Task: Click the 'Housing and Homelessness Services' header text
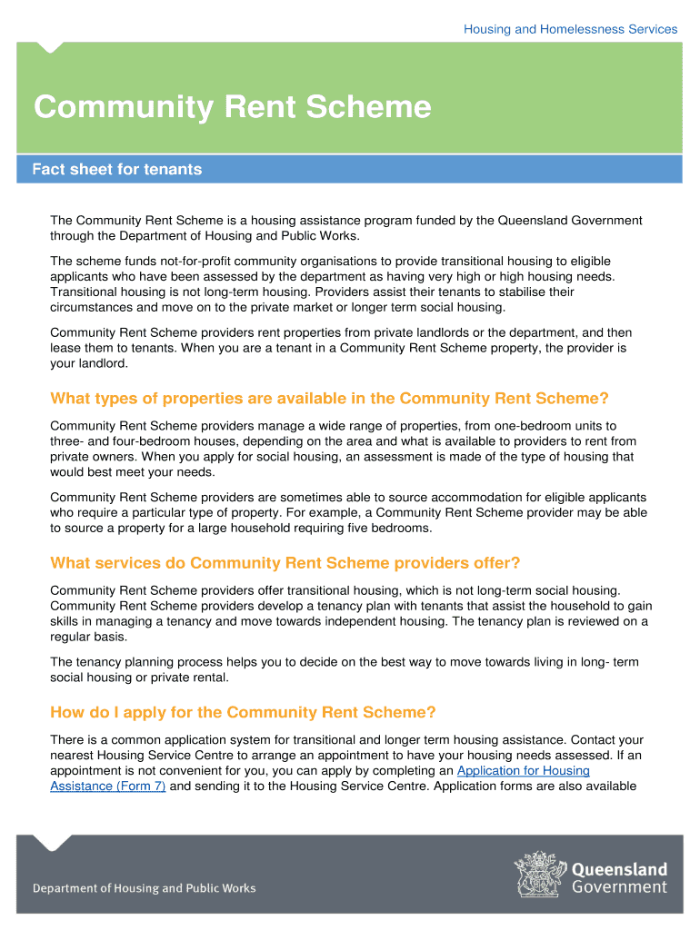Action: (x=570, y=29)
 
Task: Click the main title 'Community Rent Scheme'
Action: (x=232, y=108)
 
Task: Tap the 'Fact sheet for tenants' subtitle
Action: (x=117, y=170)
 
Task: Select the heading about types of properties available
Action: (x=329, y=399)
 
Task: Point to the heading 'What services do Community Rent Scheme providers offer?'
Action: (x=285, y=563)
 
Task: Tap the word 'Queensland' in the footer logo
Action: (x=619, y=869)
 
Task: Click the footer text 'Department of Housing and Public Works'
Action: (x=145, y=888)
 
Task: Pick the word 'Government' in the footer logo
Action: (x=619, y=887)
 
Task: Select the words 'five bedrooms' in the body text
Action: (x=391, y=528)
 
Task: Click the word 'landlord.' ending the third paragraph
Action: (x=102, y=363)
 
